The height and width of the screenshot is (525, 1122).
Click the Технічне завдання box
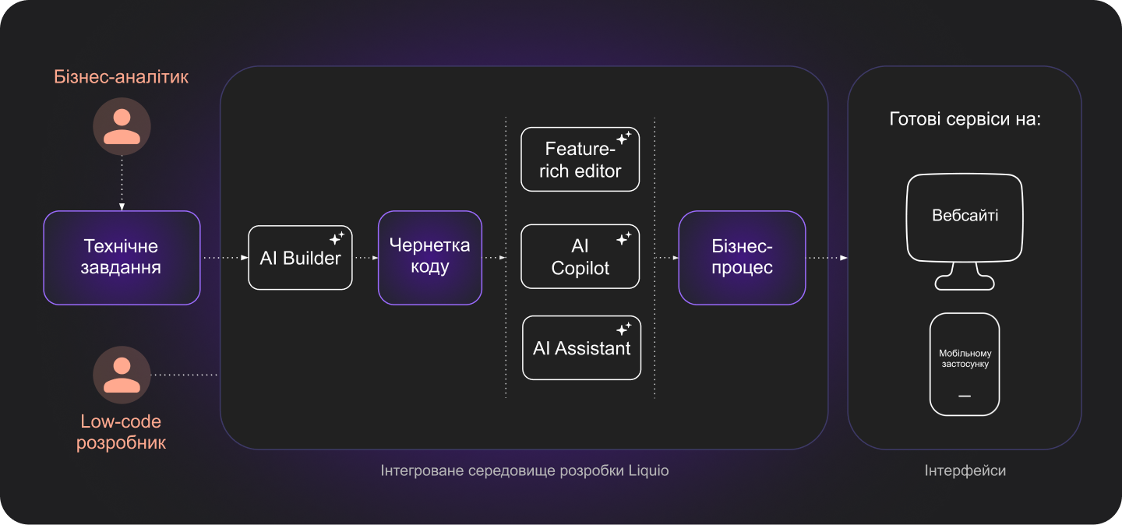click(122, 258)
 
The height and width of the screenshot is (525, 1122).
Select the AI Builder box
click(300, 258)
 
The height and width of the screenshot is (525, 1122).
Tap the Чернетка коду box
click(430, 257)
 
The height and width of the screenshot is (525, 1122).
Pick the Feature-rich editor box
click(580, 160)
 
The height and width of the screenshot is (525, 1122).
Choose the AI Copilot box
click(580, 257)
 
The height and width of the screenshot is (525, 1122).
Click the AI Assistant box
click(581, 347)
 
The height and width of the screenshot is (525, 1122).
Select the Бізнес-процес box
click(742, 257)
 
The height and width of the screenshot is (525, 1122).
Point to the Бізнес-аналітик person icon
click(122, 126)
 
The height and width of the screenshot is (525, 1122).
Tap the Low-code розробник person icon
click(122, 375)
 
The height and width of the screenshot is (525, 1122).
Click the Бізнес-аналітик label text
click(122, 77)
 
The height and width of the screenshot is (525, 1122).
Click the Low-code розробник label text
click(122, 432)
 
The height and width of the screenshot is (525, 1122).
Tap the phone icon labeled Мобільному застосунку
click(965, 364)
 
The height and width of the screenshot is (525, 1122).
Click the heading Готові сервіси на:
click(965, 120)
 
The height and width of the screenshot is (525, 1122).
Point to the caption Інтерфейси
click(965, 471)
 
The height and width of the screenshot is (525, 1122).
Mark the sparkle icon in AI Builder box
click(337, 238)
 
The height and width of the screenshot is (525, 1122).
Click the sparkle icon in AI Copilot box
click(623, 238)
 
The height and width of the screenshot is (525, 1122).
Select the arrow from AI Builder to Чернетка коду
click(365, 258)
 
